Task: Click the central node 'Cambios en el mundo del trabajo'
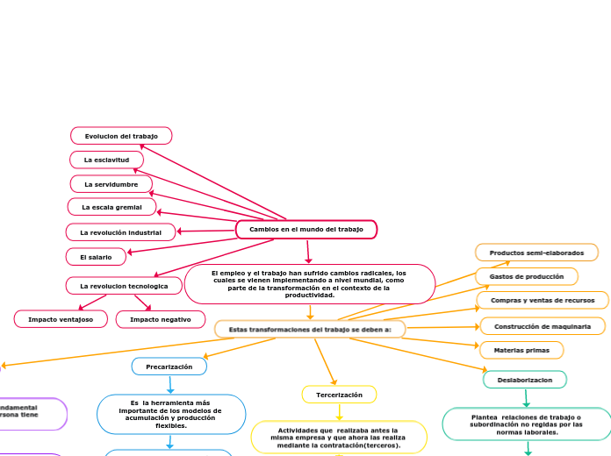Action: [306, 229]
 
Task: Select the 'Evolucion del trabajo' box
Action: [121, 136]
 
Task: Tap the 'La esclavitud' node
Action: [107, 160]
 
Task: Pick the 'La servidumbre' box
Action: [111, 184]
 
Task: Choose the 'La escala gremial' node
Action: [111, 207]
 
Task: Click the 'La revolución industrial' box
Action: [121, 232]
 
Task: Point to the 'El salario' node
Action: [96, 257]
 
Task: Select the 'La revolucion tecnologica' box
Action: [124, 286]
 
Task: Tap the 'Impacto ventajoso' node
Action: [60, 319]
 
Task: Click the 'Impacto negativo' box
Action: [161, 319]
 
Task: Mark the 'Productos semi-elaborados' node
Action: [536, 253]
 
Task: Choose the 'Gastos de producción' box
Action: [527, 276]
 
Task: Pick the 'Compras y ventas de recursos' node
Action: [543, 301]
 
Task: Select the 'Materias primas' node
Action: [521, 350]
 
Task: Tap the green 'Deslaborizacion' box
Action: [525, 380]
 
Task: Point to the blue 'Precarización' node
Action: [169, 367]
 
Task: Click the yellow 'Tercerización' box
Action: [339, 395]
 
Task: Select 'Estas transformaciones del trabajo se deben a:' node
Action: [310, 329]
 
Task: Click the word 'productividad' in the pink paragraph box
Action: [310, 296]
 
